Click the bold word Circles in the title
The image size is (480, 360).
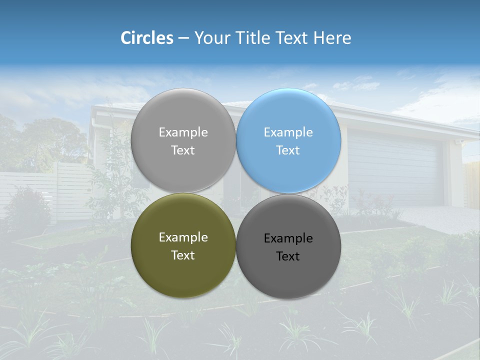point(147,38)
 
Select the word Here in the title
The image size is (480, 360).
point(332,38)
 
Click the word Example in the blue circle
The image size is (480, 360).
point(288,132)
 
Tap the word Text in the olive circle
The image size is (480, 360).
point(183,255)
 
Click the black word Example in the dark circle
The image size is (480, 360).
point(288,238)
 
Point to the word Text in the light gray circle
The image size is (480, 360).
point(183,150)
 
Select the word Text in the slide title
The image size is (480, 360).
point(292,38)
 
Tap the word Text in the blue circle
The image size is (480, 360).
point(288,150)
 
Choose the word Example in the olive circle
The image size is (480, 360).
point(183,237)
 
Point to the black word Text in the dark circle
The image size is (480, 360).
point(288,256)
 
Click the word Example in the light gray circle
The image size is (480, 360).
point(183,132)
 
